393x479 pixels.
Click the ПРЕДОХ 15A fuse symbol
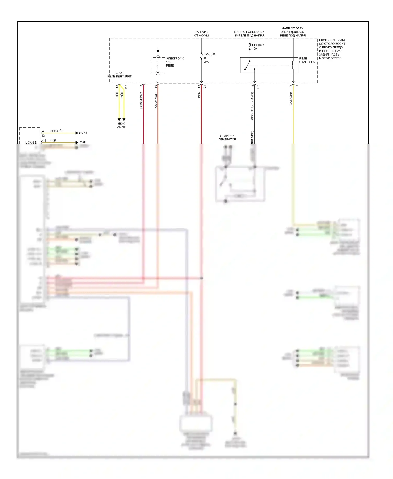tap(250, 46)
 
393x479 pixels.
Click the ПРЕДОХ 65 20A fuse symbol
tap(201, 56)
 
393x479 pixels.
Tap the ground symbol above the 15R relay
tap(158, 50)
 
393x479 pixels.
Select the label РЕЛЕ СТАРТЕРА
tap(307, 60)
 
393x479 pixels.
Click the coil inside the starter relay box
tap(293, 65)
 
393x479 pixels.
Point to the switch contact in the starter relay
tap(247, 65)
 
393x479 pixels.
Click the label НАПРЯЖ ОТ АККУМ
tap(201, 34)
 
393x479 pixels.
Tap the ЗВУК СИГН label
tap(121, 125)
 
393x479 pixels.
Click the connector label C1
tap(205, 86)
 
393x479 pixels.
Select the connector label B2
tap(258, 86)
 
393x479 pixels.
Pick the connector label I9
tap(297, 86)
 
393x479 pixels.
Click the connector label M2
tap(126, 87)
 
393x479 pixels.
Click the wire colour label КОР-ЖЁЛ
tap(291, 99)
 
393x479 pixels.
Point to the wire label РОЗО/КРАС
tap(141, 100)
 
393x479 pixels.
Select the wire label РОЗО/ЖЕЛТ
tap(156, 101)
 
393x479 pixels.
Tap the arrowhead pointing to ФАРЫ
tap(77, 133)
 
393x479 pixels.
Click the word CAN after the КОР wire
tap(83, 142)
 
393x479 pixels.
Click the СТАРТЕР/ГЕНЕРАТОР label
tap(227, 138)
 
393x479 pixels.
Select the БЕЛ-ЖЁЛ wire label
tap(57, 131)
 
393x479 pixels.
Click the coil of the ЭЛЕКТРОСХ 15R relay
tap(158, 65)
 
